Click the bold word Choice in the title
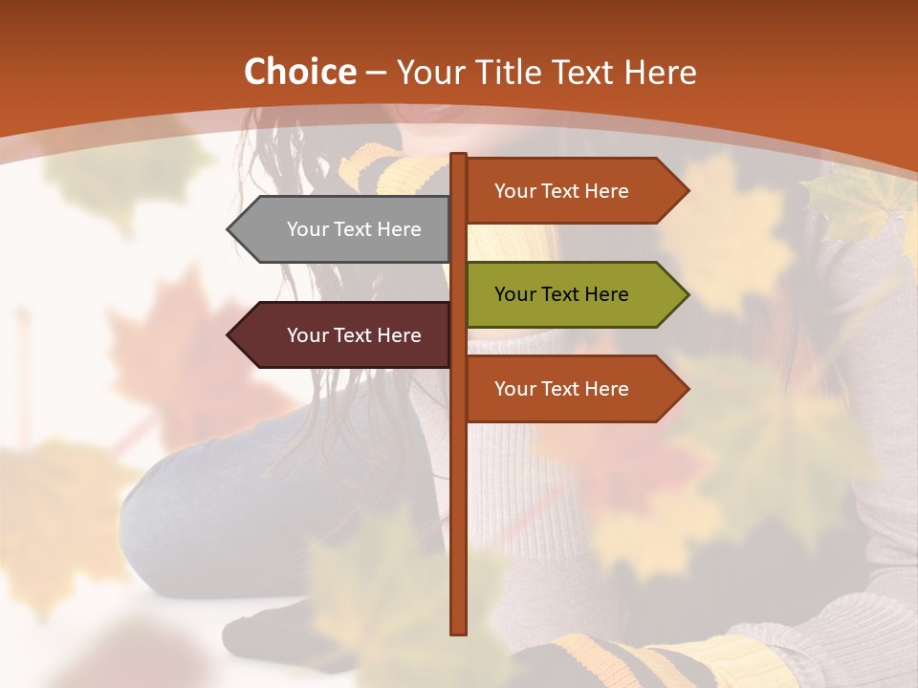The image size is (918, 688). (x=299, y=72)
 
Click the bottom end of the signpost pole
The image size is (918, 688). (x=459, y=631)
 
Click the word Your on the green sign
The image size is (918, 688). (x=514, y=294)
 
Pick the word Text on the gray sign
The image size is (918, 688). (x=354, y=229)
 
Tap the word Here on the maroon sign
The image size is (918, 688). (x=398, y=335)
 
